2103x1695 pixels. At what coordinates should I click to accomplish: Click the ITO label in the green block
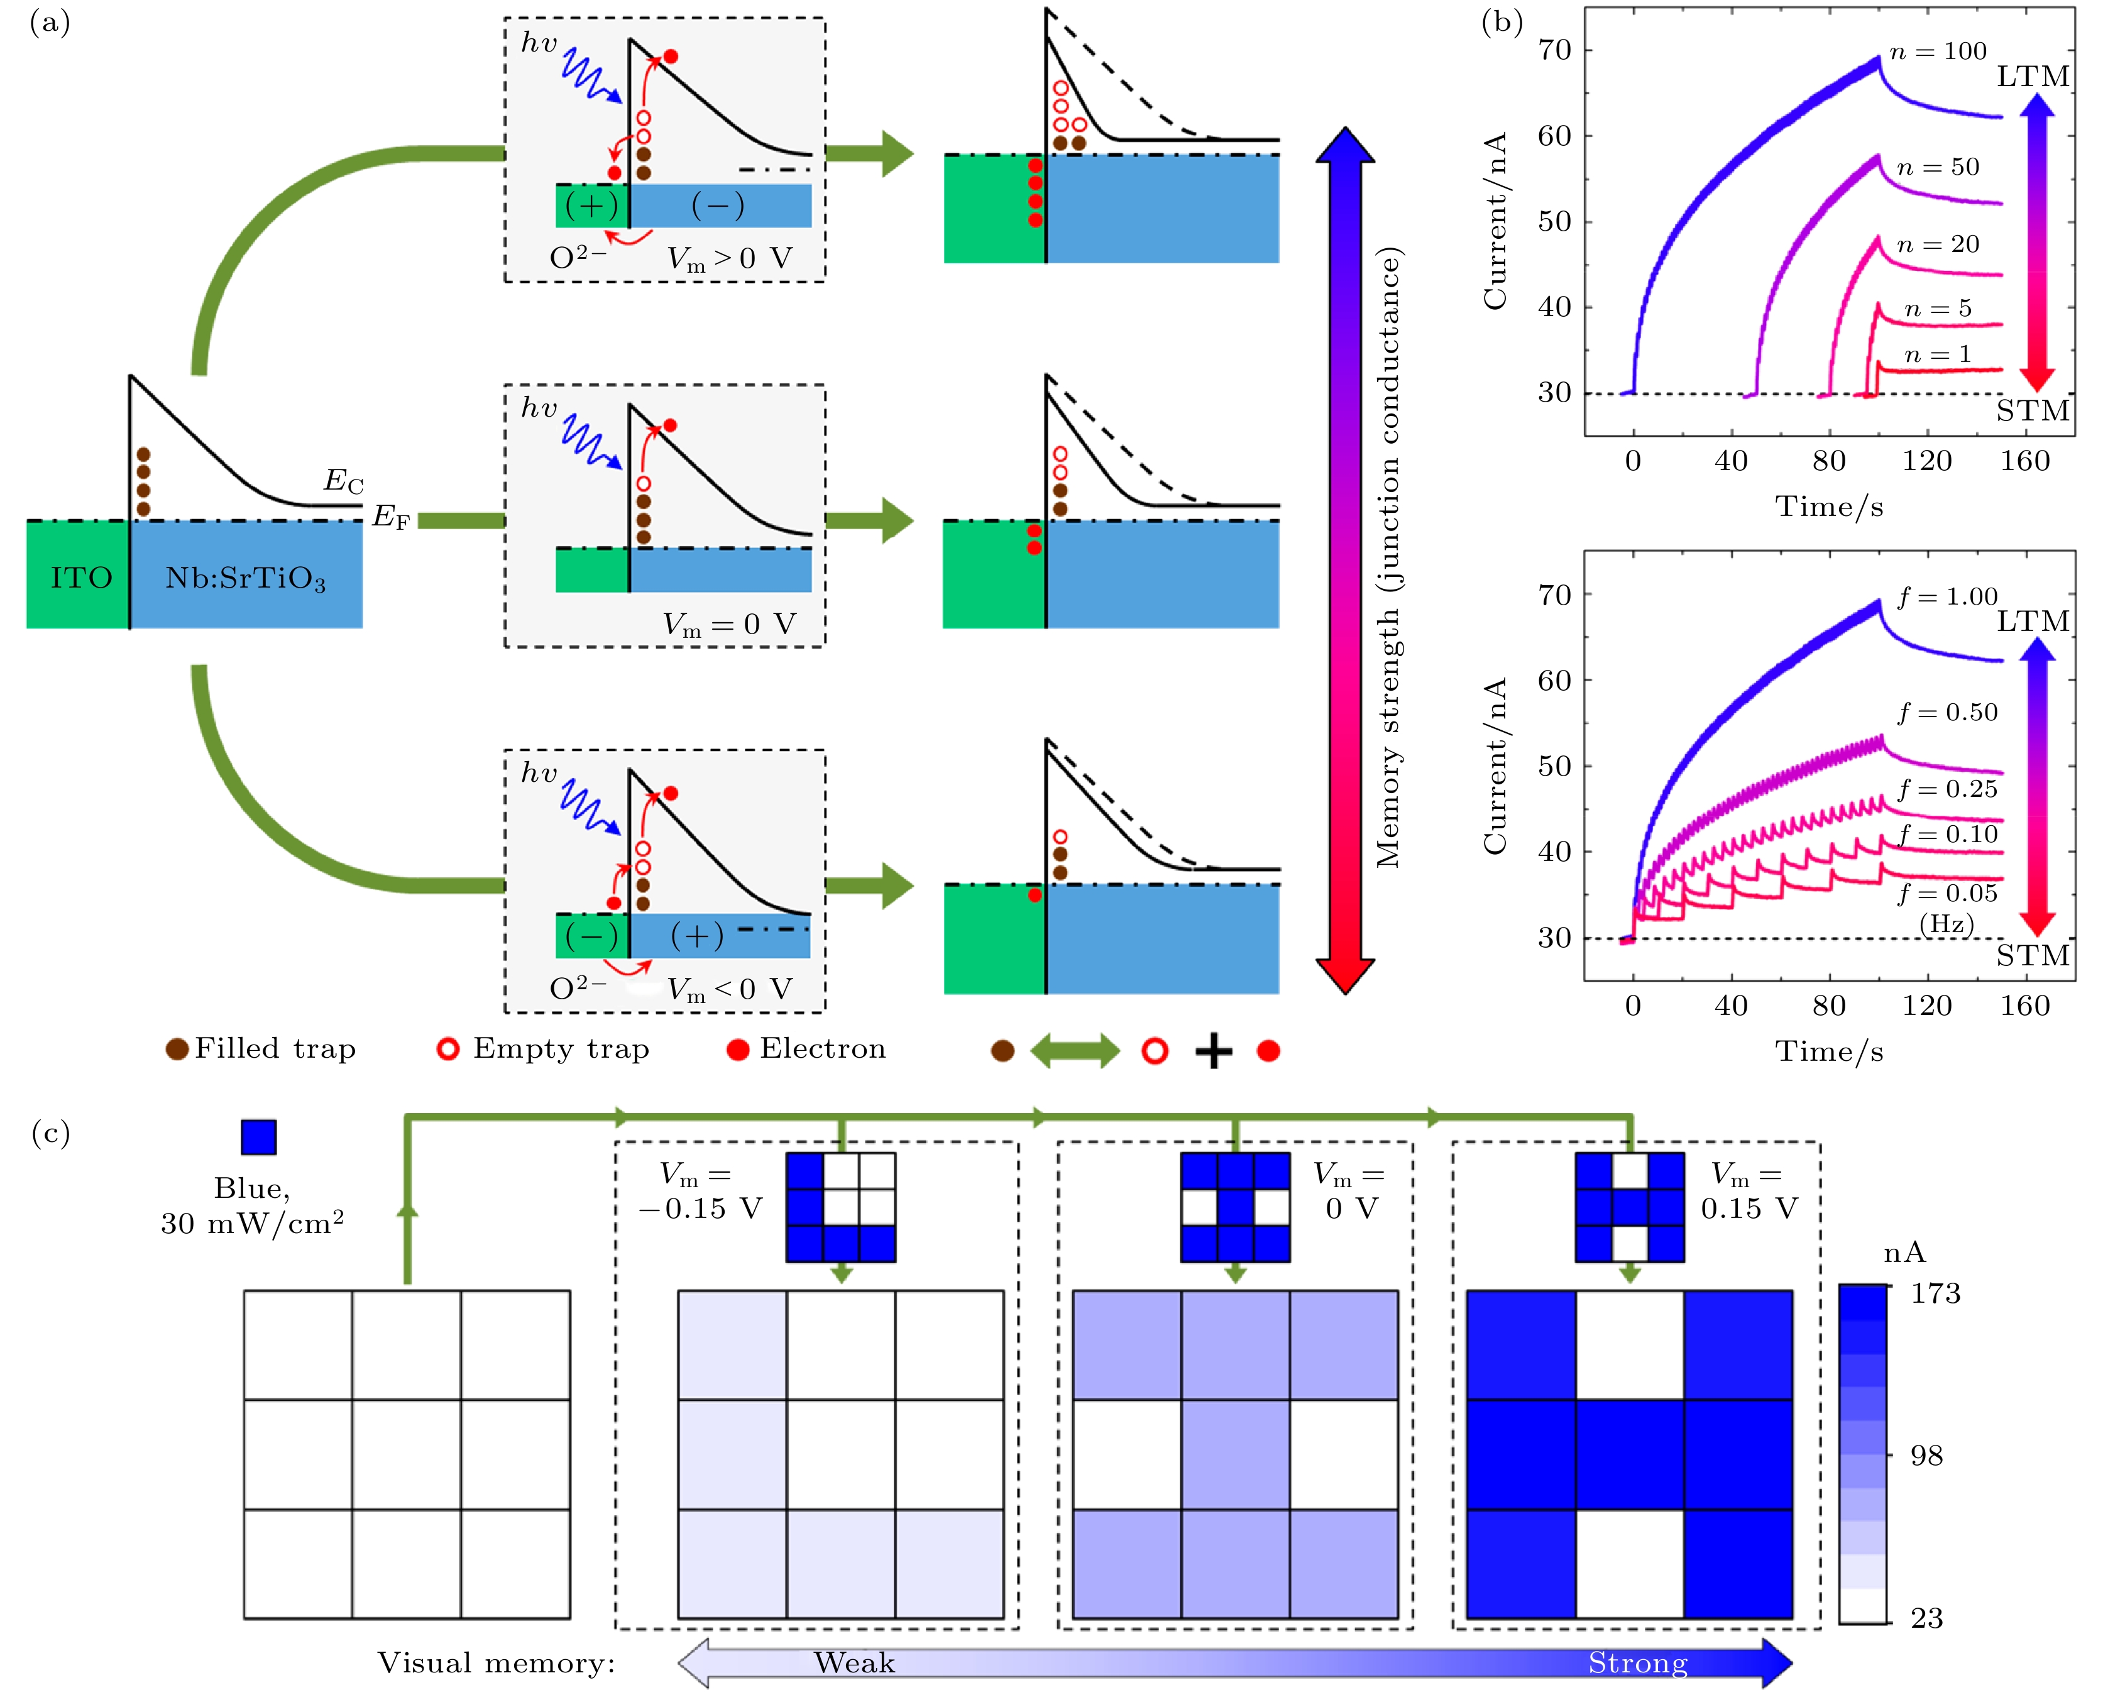pyautogui.click(x=81, y=578)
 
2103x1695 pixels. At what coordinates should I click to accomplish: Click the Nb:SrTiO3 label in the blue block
pyautogui.click(x=245, y=579)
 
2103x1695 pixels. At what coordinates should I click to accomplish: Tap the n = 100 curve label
pyautogui.click(x=1938, y=51)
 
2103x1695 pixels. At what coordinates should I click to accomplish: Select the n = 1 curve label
pyautogui.click(x=1938, y=354)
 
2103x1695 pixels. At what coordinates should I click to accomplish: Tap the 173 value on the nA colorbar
pyautogui.click(x=1935, y=1293)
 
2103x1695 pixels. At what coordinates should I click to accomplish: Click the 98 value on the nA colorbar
pyautogui.click(x=1926, y=1456)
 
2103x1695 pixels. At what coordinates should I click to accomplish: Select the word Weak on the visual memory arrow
pyautogui.click(x=854, y=1663)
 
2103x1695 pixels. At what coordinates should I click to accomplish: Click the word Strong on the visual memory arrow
pyautogui.click(x=1637, y=1663)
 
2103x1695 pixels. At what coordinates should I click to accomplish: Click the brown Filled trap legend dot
pyautogui.click(x=177, y=1050)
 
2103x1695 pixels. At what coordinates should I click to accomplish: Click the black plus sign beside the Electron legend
pyautogui.click(x=1214, y=1051)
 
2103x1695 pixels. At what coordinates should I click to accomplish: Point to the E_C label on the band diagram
pyautogui.click(x=344, y=480)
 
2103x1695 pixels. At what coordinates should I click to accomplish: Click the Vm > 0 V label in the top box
pyautogui.click(x=729, y=259)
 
